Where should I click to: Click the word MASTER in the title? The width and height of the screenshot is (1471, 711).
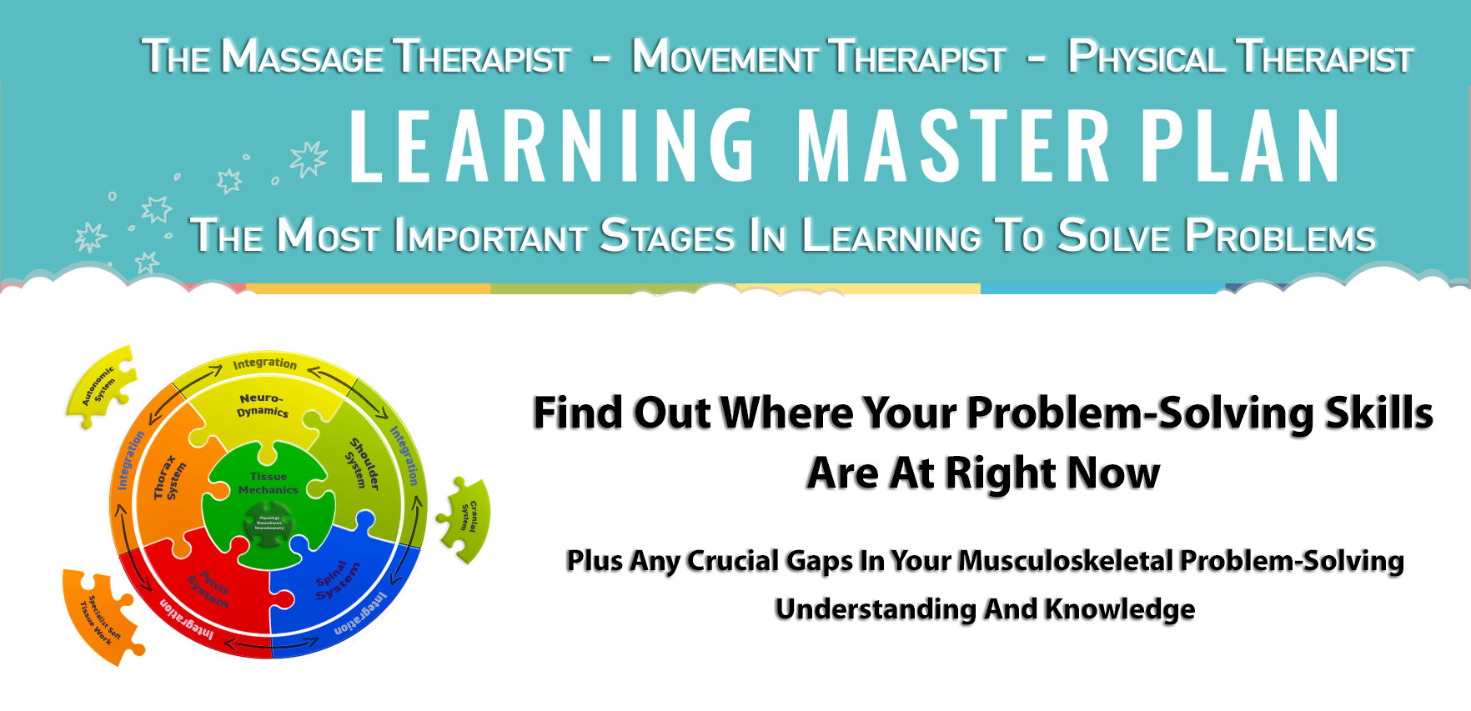pyautogui.click(x=953, y=146)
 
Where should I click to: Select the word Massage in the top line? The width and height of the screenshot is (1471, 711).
pyautogui.click(x=302, y=58)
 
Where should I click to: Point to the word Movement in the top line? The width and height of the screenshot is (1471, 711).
pyautogui.click(x=724, y=58)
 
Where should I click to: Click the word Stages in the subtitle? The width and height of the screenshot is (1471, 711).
pyautogui.click(x=667, y=236)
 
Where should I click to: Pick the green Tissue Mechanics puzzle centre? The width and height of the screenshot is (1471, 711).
pyautogui.click(x=268, y=483)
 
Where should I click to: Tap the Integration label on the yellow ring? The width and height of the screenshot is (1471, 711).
pyautogui.click(x=264, y=363)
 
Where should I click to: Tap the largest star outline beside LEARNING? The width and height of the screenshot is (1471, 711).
pyautogui.click(x=309, y=158)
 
